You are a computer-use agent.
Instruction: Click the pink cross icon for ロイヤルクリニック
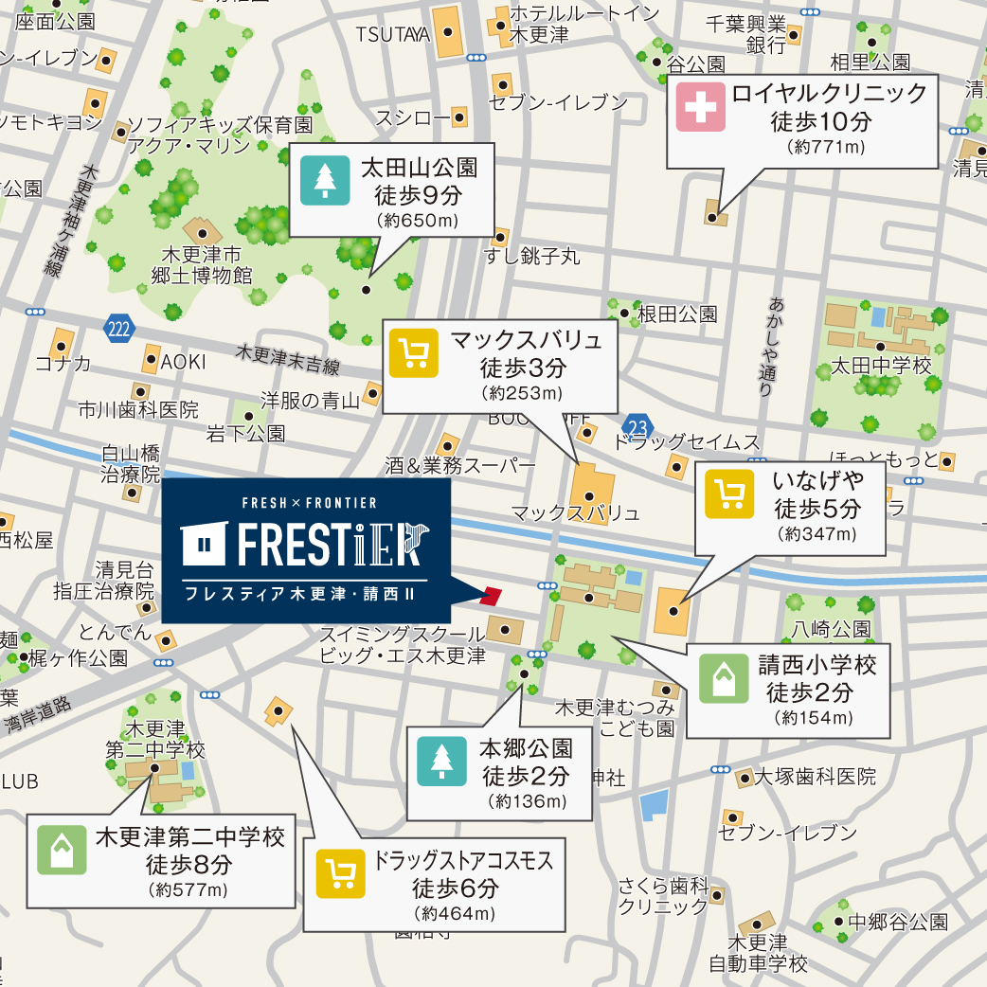pos(700,107)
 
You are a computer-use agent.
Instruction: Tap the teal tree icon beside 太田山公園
pos(325,181)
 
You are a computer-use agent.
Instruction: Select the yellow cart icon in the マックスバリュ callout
pos(414,353)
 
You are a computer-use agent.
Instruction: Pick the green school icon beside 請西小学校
pos(724,679)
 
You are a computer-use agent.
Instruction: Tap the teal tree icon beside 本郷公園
pos(441,761)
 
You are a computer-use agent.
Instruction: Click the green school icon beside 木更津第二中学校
pos(62,850)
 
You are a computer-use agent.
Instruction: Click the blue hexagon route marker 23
pos(638,426)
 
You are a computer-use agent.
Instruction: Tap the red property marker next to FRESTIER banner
pos(491,595)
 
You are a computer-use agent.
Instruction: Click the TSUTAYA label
pos(393,35)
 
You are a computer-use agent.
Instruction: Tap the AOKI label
pos(183,362)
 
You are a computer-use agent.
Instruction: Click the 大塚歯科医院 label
pos(815,777)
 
